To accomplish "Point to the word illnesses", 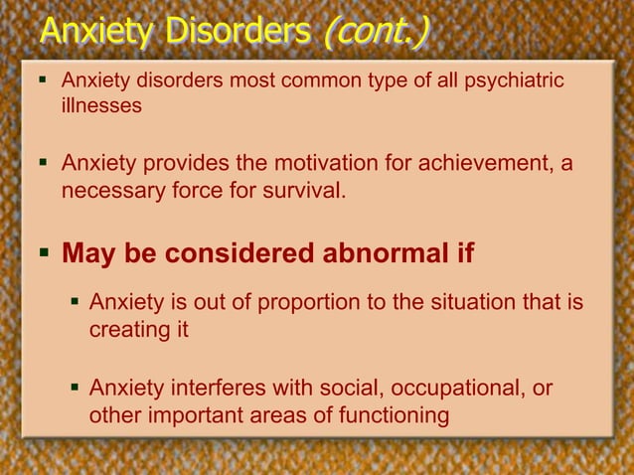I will point(101,104).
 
